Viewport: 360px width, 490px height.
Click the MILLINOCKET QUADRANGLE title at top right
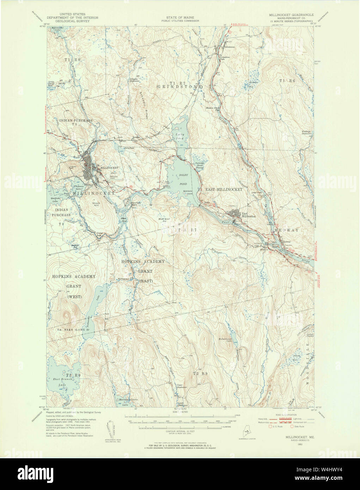291,15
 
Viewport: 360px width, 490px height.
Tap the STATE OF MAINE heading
183,17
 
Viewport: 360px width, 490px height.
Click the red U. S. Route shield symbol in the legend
271,426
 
